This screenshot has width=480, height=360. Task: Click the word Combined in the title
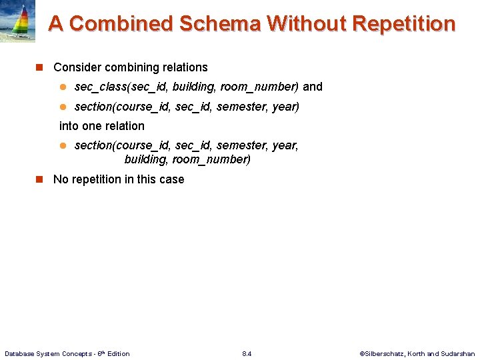pyautogui.click(x=121, y=24)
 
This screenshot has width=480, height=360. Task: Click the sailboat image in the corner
pyautogui.click(x=18, y=22)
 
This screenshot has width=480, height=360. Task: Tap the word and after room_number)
pyautogui.click(x=313, y=87)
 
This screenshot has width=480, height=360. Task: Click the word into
pyautogui.click(x=69, y=126)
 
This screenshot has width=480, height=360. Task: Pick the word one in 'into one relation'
pyautogui.click(x=93, y=126)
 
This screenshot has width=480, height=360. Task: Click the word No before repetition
pyautogui.click(x=61, y=179)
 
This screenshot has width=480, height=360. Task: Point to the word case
pyautogui.click(x=171, y=179)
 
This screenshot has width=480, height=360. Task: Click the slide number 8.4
pyautogui.click(x=247, y=353)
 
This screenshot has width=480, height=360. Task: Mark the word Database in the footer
pyautogui.click(x=19, y=353)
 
